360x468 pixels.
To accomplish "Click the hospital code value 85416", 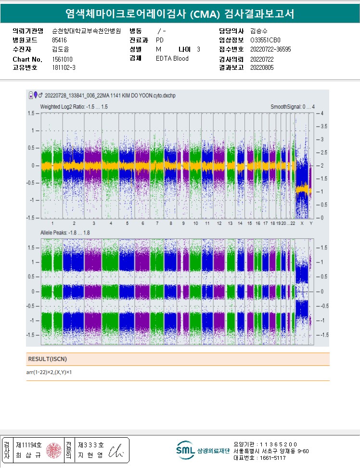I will [x=59, y=40].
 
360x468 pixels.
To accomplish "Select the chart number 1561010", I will [x=62, y=59].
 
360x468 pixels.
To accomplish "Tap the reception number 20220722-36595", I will [x=270, y=49].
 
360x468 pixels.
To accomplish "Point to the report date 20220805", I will [x=262, y=67].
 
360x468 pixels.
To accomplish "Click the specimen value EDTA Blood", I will [x=172, y=58].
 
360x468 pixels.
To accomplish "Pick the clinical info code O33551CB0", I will [x=265, y=40].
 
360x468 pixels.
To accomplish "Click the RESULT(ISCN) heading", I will [x=47, y=359].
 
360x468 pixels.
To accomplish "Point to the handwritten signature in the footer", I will [x=116, y=451].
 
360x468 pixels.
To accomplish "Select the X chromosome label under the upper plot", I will [x=302, y=223].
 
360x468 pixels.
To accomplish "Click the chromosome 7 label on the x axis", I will [x=157, y=223].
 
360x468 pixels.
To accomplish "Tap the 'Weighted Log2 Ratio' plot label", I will [x=74, y=106].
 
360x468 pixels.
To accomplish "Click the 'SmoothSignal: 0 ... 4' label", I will [x=293, y=106].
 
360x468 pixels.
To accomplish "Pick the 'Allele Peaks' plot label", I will [x=65, y=233].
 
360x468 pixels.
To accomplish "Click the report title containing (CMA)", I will [x=180, y=14].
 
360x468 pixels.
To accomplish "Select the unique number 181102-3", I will [x=64, y=67].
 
